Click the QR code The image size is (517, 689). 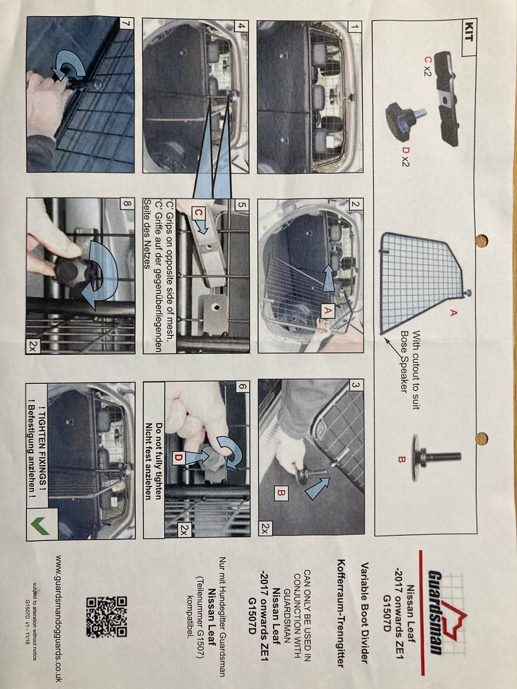107,616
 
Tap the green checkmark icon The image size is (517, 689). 40,526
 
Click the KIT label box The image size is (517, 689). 469,37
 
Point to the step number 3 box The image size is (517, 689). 355,385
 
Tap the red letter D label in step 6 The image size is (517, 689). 178,458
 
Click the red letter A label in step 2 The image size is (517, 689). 327,311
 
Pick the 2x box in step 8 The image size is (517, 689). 33,347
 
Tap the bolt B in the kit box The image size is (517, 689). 436,458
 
